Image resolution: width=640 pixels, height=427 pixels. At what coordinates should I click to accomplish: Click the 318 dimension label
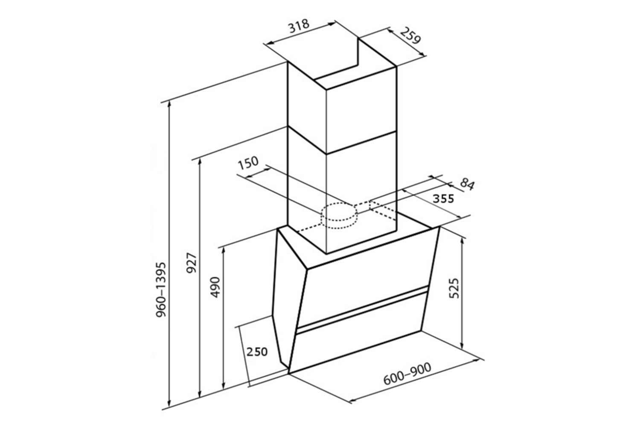299,26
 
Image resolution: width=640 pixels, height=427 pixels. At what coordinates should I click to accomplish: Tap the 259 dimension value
410,36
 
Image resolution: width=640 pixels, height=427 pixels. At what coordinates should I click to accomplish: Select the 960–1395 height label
161,290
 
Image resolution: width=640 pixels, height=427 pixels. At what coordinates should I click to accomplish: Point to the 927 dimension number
191,263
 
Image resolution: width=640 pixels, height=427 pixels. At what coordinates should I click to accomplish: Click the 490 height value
215,287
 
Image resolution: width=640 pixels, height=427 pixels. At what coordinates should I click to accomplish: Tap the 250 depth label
257,352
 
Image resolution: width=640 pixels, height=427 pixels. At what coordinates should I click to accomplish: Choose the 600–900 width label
407,374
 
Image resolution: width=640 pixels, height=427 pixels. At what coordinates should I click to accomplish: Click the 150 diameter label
248,163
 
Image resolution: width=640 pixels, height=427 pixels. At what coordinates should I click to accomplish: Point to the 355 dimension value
443,199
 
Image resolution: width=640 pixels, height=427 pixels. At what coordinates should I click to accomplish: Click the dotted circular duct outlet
339,216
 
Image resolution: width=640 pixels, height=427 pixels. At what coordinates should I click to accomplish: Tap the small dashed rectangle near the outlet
383,210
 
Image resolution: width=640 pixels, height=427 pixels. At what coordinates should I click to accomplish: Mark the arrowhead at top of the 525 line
462,240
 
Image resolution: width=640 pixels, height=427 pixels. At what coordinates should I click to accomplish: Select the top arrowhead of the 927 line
200,161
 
